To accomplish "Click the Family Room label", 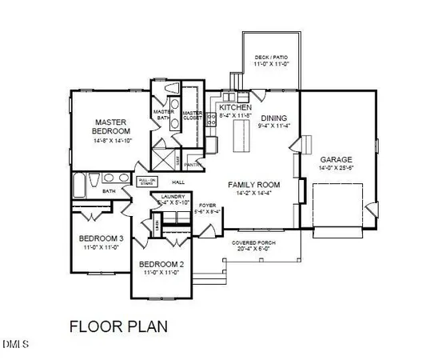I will pos(253,184).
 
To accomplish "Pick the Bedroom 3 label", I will pos(102,238).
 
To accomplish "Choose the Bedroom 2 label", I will pos(162,265).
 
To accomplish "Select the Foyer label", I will pos(208,205).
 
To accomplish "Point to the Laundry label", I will pos(173,197).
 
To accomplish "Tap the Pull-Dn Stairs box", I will pos(145,182).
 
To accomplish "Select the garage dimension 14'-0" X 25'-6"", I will pos(336,169).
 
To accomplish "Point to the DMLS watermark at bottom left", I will pos(15,346).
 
